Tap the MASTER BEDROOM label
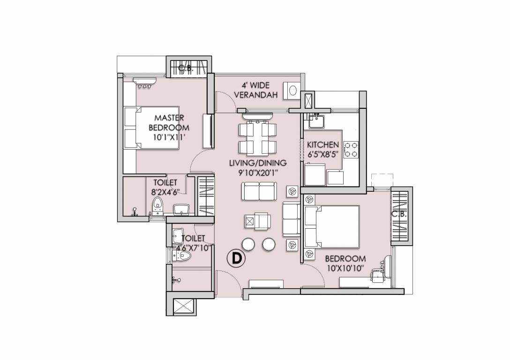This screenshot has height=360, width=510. click(x=169, y=127)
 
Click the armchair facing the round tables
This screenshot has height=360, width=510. click(x=256, y=220)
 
